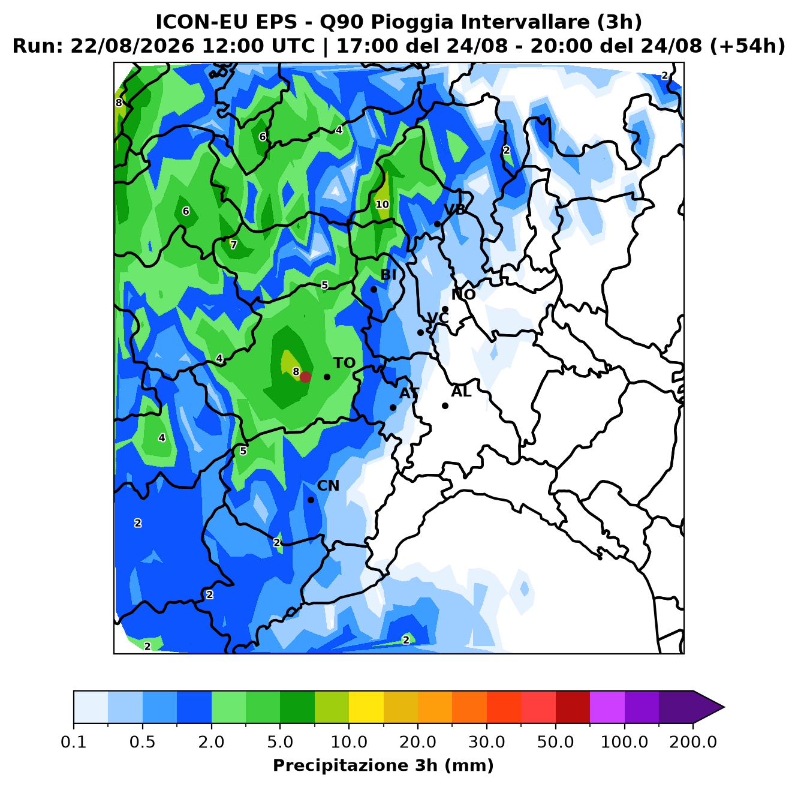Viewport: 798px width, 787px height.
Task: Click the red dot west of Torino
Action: [x=305, y=377]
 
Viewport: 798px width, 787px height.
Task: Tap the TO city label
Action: [x=345, y=363]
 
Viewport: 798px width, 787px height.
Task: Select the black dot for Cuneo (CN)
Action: [x=311, y=500]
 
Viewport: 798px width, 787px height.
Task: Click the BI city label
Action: [x=389, y=275]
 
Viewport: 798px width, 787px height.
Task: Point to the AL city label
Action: [x=461, y=392]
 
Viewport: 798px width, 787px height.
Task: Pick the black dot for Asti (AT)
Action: [x=393, y=407]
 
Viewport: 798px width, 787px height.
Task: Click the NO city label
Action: [x=463, y=295]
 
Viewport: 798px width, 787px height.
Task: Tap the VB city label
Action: [x=454, y=210]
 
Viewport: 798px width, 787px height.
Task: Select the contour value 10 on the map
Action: [x=383, y=205]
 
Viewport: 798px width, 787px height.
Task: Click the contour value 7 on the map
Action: [x=233, y=245]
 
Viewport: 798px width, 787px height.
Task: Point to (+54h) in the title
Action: [x=747, y=46]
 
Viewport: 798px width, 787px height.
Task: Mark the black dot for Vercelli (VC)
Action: [x=420, y=332]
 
